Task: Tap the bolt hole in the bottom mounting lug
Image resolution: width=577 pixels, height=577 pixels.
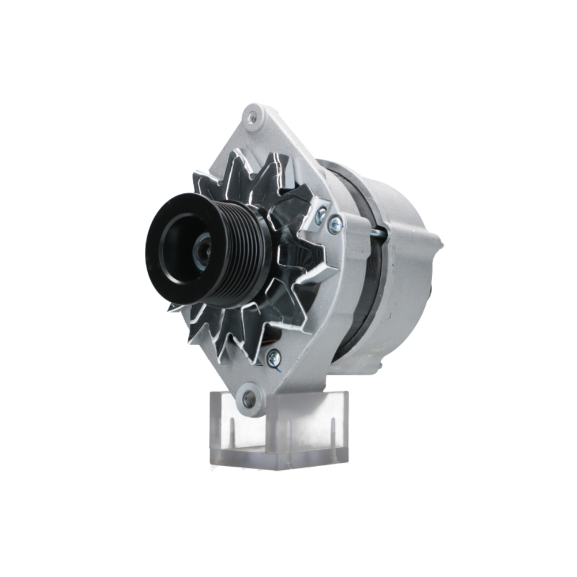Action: [x=249, y=398]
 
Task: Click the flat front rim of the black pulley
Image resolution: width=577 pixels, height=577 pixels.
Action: [x=159, y=254]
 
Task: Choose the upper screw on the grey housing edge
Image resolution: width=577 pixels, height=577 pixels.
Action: [x=335, y=224]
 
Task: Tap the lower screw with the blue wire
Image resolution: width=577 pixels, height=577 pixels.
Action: [x=274, y=358]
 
